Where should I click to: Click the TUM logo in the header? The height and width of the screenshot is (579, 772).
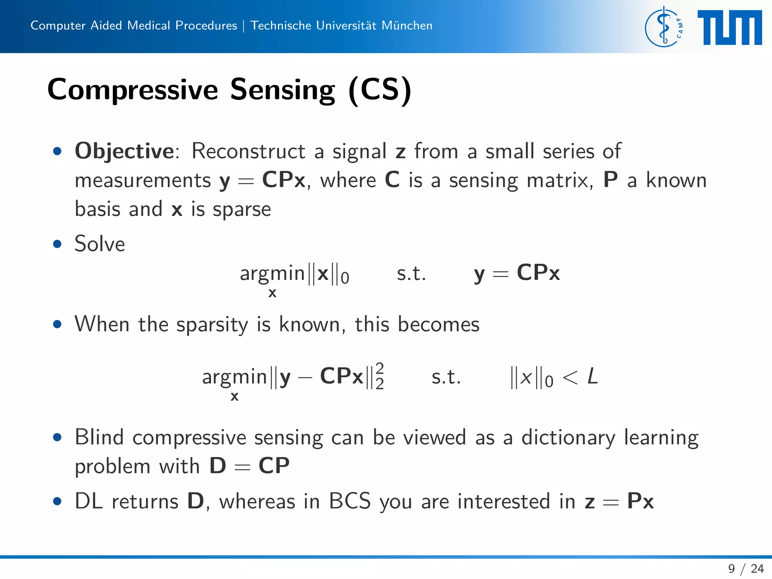[x=729, y=28]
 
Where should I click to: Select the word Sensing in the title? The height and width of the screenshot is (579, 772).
[x=282, y=90]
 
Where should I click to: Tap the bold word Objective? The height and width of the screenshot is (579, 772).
[x=124, y=151]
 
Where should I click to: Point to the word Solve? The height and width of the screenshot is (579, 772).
[x=100, y=244]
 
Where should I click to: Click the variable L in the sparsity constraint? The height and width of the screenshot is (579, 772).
[x=593, y=377]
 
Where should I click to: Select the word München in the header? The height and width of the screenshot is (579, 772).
[x=407, y=26]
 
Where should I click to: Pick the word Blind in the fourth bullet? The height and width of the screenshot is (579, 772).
[x=99, y=437]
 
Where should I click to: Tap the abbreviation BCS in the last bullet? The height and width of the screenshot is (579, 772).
[x=350, y=501]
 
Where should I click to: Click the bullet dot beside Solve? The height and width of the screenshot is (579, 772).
[x=57, y=244]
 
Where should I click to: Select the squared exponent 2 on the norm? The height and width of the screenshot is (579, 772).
[x=380, y=367]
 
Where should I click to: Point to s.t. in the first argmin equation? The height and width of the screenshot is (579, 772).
[x=411, y=274]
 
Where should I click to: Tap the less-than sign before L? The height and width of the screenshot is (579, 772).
[x=570, y=377]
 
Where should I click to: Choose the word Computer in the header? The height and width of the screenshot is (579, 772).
[x=58, y=26]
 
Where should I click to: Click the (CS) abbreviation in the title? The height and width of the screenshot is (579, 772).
[x=380, y=90]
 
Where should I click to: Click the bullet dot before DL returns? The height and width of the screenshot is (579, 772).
[x=57, y=501]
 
